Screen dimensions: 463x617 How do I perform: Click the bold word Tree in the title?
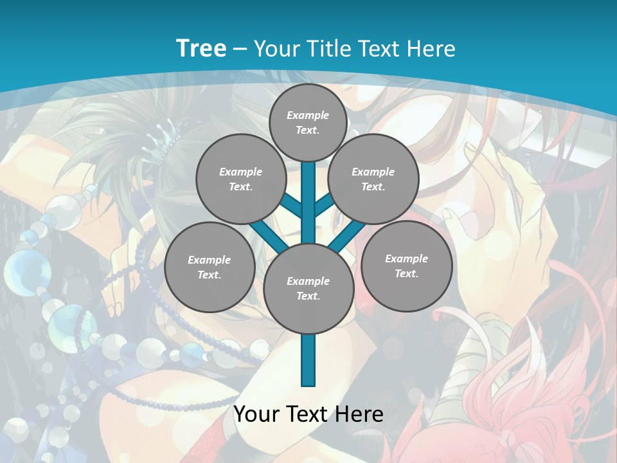(201, 48)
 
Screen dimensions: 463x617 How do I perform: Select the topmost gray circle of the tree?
(308, 122)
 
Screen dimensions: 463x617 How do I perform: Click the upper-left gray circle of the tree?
(240, 179)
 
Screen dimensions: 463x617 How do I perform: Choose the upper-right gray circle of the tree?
(373, 179)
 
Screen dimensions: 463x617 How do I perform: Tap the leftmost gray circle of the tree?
(210, 268)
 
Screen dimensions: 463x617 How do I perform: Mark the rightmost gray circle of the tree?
(407, 266)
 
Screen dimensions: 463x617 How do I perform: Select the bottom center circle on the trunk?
(308, 289)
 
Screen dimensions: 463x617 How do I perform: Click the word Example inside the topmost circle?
(308, 115)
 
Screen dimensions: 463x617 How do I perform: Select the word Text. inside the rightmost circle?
(406, 274)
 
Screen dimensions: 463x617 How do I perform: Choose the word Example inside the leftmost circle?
(210, 260)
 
